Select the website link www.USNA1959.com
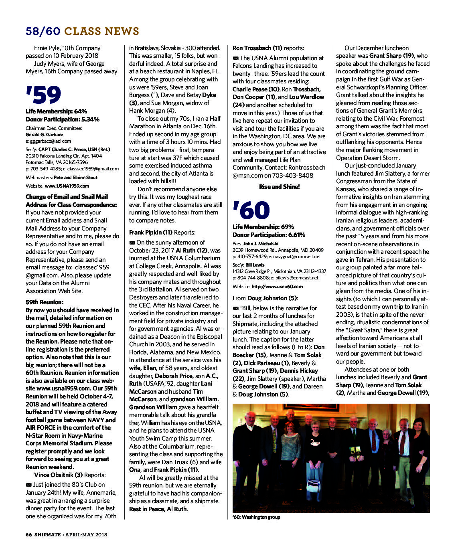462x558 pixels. pos(67,186)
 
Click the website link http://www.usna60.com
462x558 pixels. pos(277,287)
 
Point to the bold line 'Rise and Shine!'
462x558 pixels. pos(279,187)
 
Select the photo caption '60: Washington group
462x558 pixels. pos(256,517)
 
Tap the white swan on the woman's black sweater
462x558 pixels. pos(314,442)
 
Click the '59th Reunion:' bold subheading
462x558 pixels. pos(45,302)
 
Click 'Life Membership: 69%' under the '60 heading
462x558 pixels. pos(263,227)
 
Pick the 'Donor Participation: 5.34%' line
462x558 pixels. pos(63,119)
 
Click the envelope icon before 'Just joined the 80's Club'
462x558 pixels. pos(28,485)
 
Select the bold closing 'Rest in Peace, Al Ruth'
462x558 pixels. pos(158,509)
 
